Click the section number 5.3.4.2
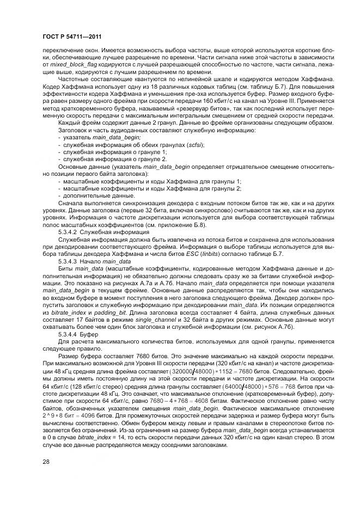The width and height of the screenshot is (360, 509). pos(69,231)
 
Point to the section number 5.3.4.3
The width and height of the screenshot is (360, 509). pos(69,261)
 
